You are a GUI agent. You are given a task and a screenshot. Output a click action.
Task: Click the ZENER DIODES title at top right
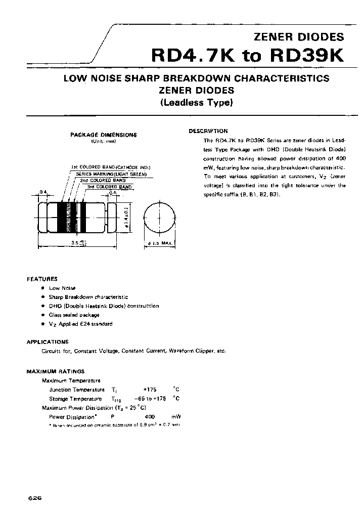point(304,36)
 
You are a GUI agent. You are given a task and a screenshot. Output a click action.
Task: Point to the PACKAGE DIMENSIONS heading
point(103,135)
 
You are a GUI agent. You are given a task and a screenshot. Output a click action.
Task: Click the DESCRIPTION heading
point(208,131)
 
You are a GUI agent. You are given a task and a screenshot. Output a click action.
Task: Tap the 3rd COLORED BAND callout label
point(109,187)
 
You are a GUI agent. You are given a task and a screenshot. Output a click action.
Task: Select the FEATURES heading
point(42,279)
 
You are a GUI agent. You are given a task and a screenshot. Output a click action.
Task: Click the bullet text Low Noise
point(62,287)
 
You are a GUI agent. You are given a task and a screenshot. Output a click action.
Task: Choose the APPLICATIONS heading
point(48,342)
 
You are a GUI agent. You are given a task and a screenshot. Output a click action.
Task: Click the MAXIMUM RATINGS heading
point(56,371)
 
